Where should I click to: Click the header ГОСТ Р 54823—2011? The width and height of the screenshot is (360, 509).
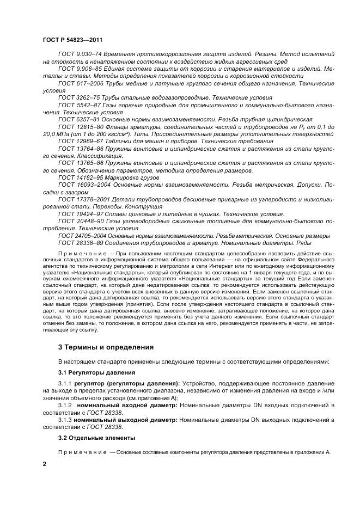pyautogui.click(x=72, y=40)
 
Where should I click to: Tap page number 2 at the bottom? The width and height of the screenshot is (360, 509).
pyautogui.click(x=45, y=464)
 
